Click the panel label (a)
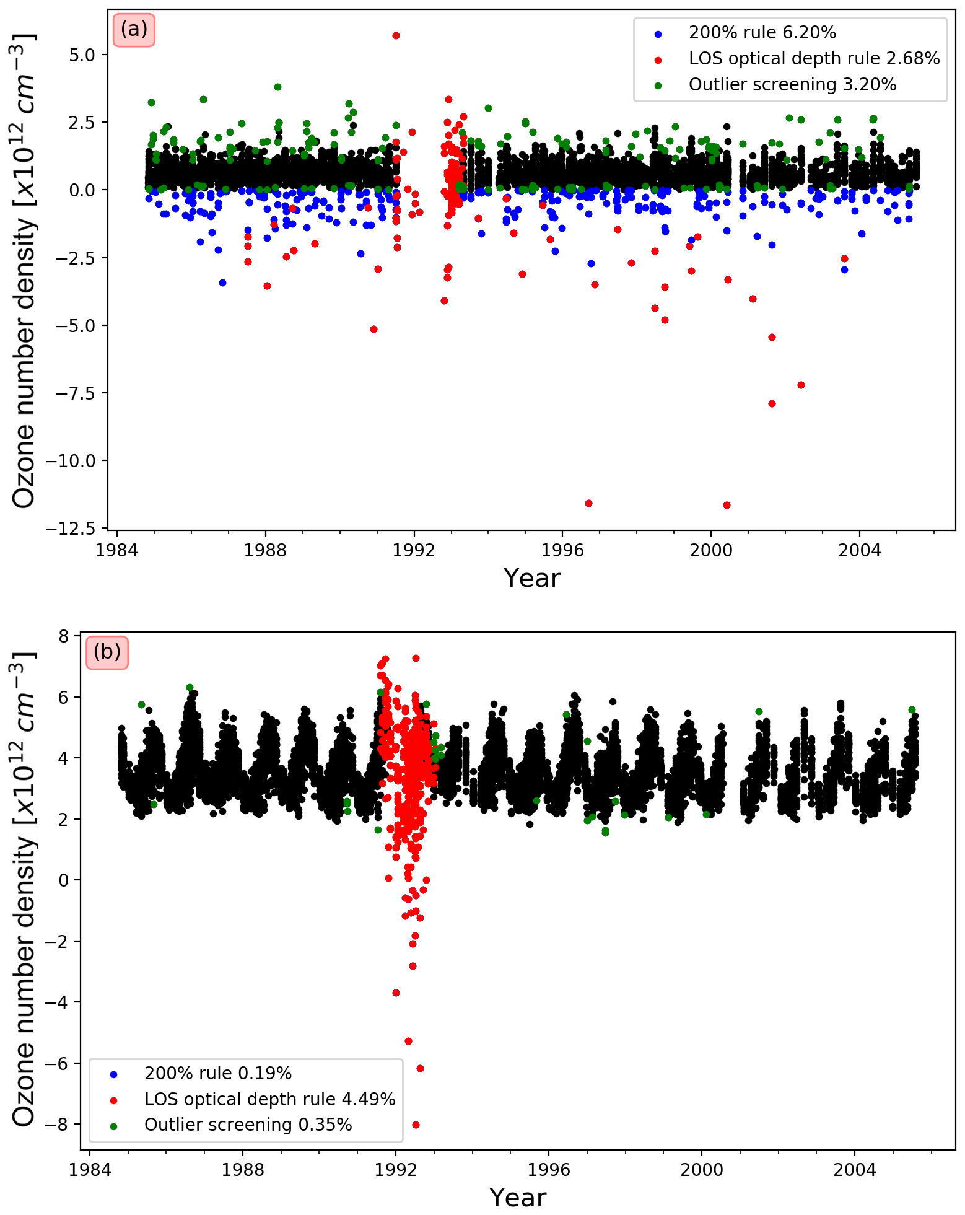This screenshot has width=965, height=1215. [134, 29]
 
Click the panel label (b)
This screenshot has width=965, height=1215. [107, 652]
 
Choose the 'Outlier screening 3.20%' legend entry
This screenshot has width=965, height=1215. [792, 84]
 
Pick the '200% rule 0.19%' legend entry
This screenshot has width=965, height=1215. [217, 1074]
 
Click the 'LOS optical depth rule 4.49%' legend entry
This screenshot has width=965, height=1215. [269, 1100]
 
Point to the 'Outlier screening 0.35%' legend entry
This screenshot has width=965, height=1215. [248, 1125]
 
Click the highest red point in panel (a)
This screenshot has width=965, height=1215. [396, 35]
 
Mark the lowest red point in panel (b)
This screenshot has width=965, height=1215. [416, 1125]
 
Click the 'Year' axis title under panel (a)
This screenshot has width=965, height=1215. [532, 578]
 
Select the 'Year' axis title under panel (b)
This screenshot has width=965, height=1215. [518, 1198]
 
